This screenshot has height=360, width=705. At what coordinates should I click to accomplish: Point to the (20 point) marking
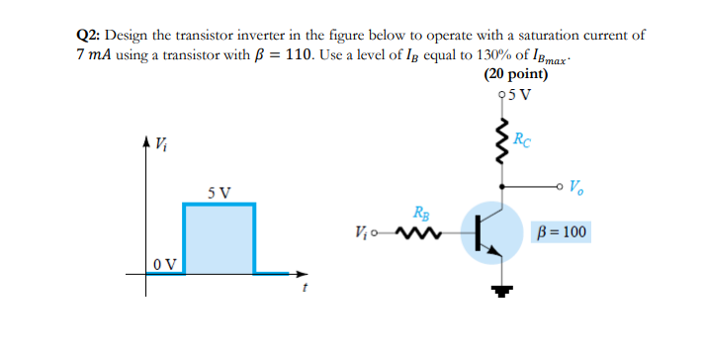[516, 74]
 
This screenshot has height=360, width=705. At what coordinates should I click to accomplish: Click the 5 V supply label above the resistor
[518, 96]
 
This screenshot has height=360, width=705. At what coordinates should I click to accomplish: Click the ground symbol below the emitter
[505, 290]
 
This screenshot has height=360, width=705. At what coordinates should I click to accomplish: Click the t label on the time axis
[307, 289]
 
